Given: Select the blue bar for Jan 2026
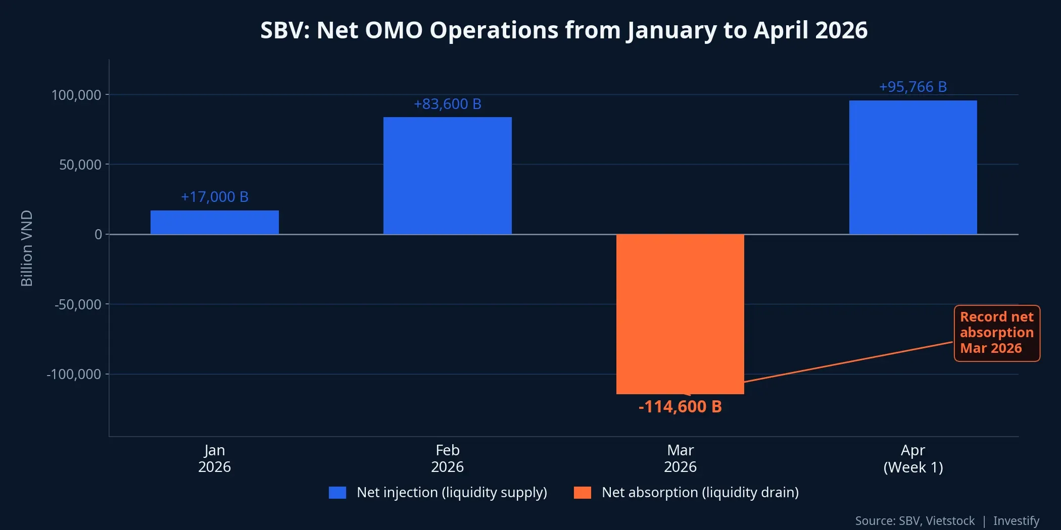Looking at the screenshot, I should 214,223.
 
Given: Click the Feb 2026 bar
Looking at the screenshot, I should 447,176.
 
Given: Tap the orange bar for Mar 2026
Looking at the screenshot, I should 680,314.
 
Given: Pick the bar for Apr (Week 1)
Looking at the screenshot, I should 913,167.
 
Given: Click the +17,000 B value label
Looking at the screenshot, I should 214,197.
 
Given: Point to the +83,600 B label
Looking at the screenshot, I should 447,104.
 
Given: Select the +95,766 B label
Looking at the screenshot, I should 912,87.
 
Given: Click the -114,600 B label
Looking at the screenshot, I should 680,407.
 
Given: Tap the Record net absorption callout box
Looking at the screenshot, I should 996,333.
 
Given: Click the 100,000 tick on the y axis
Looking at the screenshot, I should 76,95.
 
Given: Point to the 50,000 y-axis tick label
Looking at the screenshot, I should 80,165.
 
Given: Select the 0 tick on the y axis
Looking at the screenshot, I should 98,234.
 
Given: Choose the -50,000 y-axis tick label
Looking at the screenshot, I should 78,304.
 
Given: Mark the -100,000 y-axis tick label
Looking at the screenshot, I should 74,375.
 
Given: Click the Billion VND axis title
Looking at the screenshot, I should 26,248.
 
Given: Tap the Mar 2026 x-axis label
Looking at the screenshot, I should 680,458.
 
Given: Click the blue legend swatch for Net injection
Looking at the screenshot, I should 337,493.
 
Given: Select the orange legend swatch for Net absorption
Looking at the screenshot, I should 582,493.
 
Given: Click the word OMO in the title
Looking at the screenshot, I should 394,30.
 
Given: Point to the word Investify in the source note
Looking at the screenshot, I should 1016,520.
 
